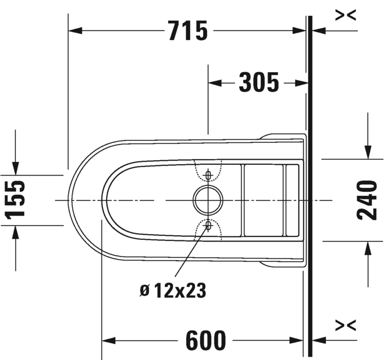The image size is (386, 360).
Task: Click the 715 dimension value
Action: point(188,30)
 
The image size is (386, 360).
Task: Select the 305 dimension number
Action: point(259,82)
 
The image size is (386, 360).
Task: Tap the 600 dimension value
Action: point(205,341)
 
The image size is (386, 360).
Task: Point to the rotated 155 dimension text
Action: point(15,200)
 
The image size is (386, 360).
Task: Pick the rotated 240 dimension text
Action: point(367,200)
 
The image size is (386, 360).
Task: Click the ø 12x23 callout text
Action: point(173,291)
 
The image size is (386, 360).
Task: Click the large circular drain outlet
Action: point(208,200)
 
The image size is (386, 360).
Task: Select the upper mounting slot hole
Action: point(208,175)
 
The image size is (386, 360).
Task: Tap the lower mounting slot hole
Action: point(208,225)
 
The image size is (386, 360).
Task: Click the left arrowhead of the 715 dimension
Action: point(75,31)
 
